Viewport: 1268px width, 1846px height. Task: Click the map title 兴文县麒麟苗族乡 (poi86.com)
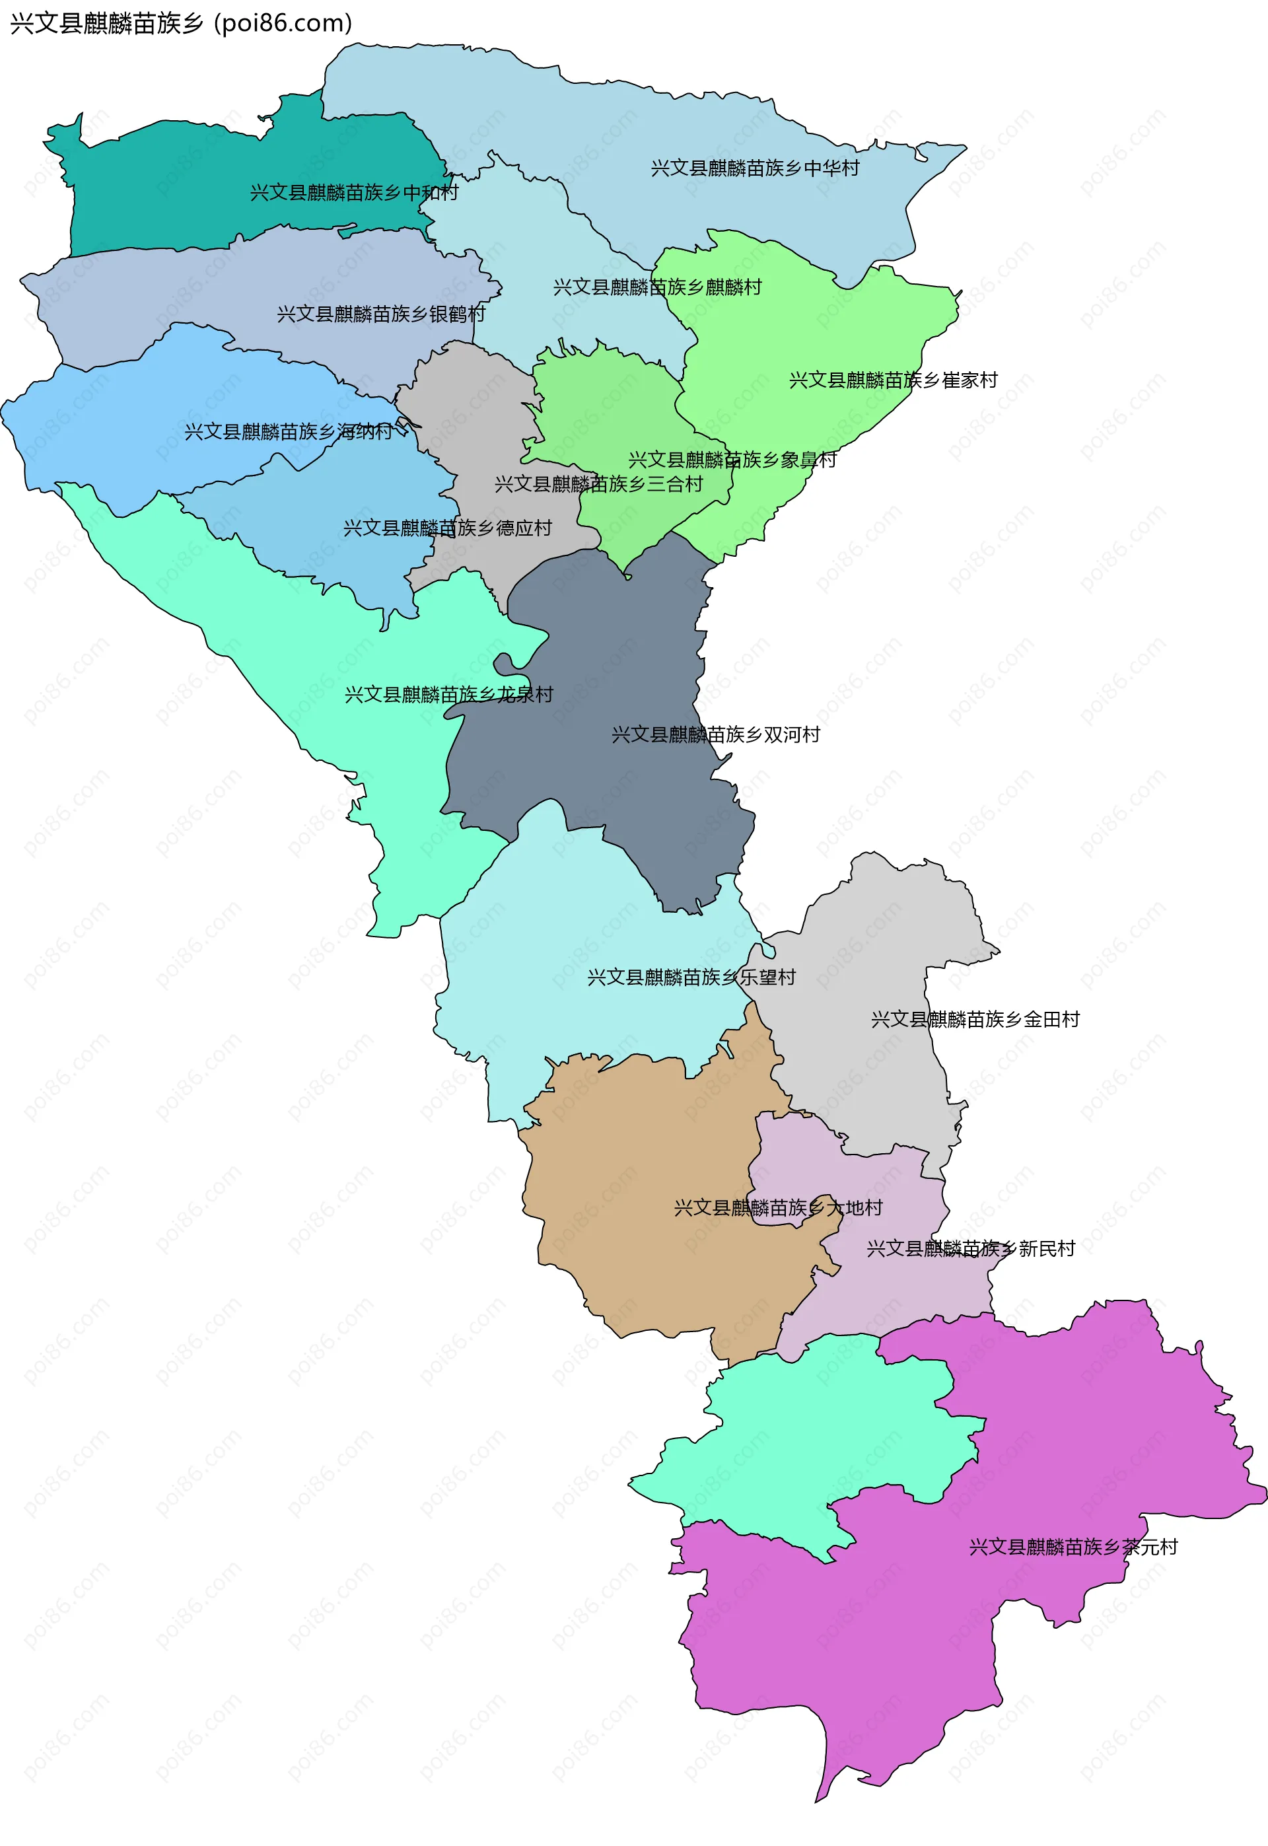pyautogui.click(x=181, y=23)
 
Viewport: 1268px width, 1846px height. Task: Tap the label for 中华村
pyautogui.click(x=755, y=168)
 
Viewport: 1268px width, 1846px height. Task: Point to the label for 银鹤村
pyautogui.click(x=380, y=314)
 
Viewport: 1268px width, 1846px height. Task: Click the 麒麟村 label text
pyautogui.click(x=657, y=287)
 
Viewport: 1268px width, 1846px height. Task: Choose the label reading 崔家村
pyautogui.click(x=893, y=380)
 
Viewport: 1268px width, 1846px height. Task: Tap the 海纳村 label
pyautogui.click(x=289, y=432)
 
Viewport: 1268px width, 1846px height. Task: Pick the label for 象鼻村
pyautogui.click(x=732, y=460)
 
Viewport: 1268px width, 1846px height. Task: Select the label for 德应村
pyautogui.click(x=447, y=528)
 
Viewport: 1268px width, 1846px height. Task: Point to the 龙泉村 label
pyautogui.click(x=449, y=695)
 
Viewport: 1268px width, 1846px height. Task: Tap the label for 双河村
pyautogui.click(x=716, y=734)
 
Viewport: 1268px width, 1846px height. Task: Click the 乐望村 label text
pyautogui.click(x=691, y=977)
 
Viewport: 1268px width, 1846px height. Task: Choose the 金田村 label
pyautogui.click(x=975, y=1020)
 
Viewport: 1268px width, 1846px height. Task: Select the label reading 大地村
pyautogui.click(x=778, y=1208)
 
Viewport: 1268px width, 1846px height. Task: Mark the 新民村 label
pyautogui.click(x=970, y=1250)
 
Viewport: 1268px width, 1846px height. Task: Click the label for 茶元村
pyautogui.click(x=1073, y=1547)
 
